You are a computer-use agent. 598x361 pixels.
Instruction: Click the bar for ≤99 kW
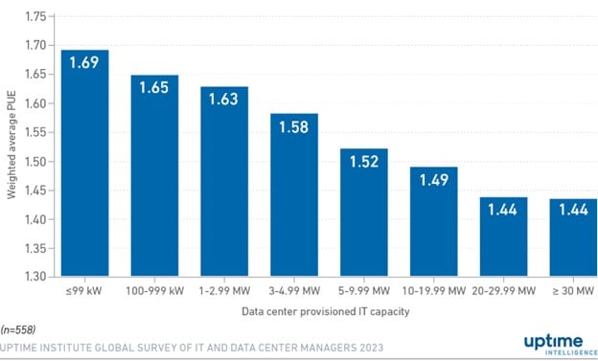[85, 163]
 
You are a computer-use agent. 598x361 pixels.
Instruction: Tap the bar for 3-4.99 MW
[294, 195]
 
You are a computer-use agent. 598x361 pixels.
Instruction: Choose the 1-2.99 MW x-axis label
[224, 290]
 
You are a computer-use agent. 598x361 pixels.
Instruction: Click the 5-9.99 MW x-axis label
[364, 290]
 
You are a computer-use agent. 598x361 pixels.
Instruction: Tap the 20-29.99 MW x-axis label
[504, 290]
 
